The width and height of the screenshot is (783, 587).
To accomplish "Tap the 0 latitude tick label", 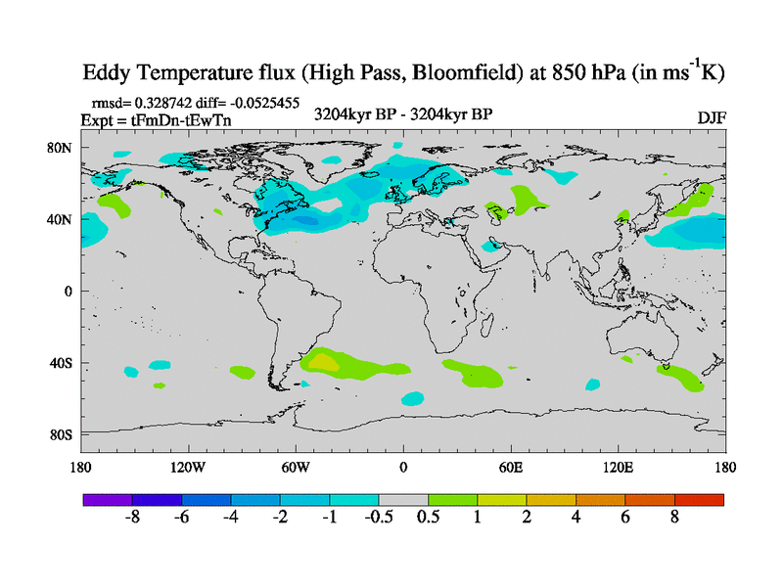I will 69,292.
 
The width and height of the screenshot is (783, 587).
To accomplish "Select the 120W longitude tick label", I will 188,467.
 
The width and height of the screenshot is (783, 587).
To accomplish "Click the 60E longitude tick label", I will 511,467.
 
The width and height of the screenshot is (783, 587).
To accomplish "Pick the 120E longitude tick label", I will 619,467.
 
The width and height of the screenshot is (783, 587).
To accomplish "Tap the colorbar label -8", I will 132,517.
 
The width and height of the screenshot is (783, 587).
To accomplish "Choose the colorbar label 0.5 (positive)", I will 428,517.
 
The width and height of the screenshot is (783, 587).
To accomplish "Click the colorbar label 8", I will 674,517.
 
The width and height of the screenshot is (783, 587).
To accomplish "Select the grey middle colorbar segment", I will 403,499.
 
